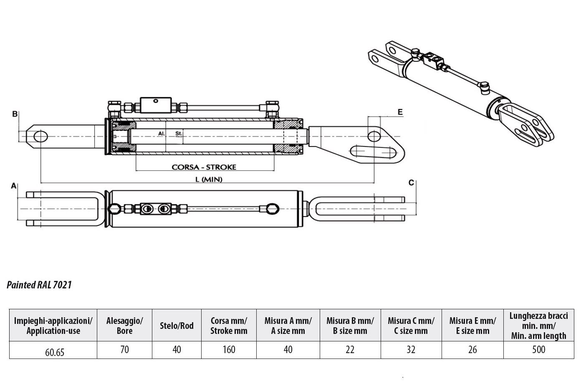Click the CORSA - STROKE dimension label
[x=204, y=167]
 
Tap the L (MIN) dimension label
[x=209, y=179]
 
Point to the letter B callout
[x=15, y=114]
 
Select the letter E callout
[x=400, y=112]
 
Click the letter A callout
[x=14, y=186]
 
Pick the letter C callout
[x=411, y=183]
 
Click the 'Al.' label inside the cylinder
[x=162, y=134]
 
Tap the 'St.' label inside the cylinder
[x=179, y=134]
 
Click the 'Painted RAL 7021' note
[x=39, y=285]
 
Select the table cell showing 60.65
[x=55, y=352]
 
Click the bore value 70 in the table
[x=124, y=349]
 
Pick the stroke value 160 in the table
[x=229, y=349]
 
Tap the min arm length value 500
[x=538, y=349]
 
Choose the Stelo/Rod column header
[x=177, y=326]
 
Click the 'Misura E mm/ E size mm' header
[x=472, y=326]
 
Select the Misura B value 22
[x=350, y=349]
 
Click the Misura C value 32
[x=411, y=349]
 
